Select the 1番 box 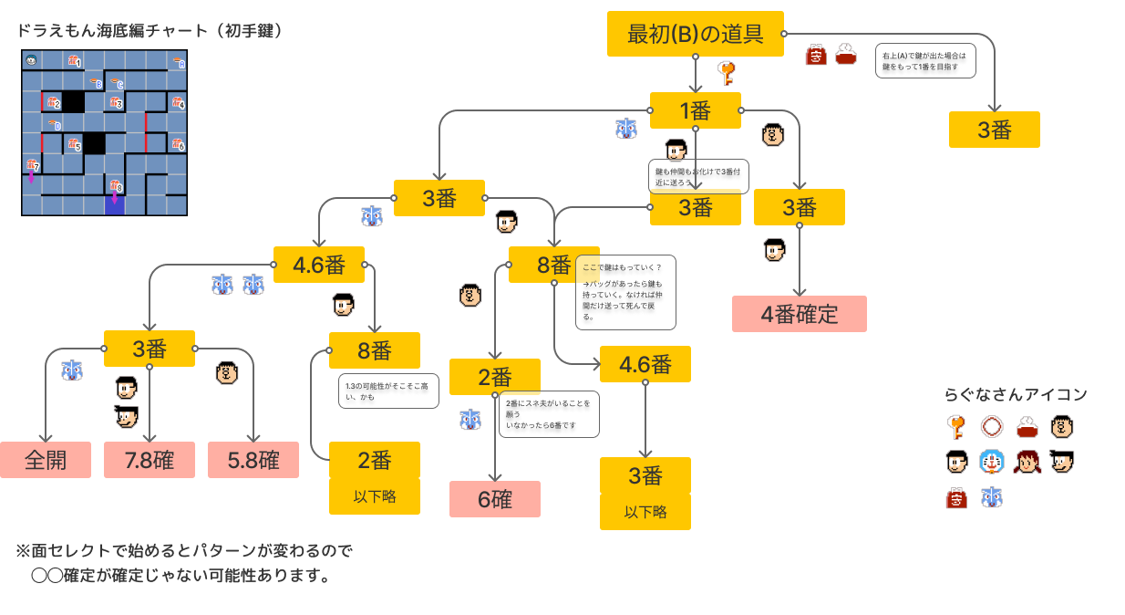point(696,110)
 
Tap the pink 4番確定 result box point(799,314)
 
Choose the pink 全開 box point(46,460)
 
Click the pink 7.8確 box point(150,460)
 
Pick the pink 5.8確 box point(253,460)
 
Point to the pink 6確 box point(495,499)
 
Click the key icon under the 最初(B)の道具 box point(727,72)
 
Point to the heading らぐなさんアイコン point(1016,395)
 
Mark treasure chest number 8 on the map point(115,186)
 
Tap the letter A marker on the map point(179,63)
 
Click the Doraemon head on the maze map point(32,61)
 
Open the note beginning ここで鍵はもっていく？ point(625,292)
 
